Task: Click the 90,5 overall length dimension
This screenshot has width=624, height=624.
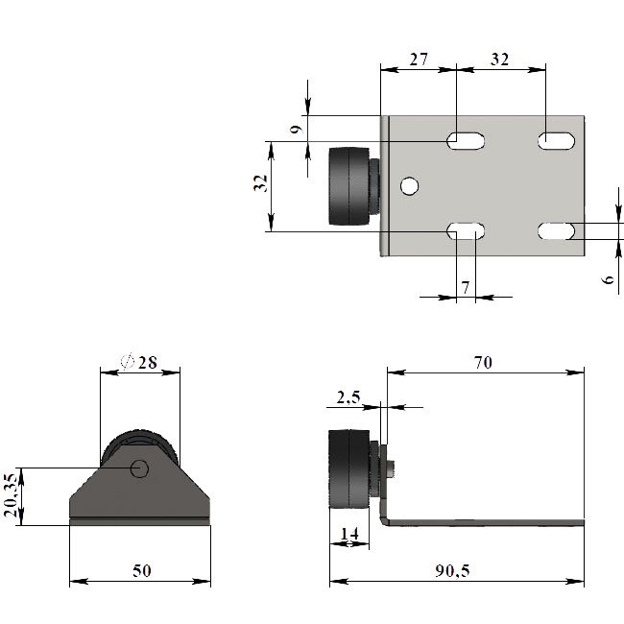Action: pyautogui.click(x=452, y=570)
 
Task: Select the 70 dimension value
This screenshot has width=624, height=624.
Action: pyautogui.click(x=483, y=362)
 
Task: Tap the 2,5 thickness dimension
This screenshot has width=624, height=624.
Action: pyautogui.click(x=348, y=397)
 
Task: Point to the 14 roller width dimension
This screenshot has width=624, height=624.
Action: pyautogui.click(x=349, y=533)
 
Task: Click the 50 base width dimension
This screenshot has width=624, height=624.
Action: pyautogui.click(x=142, y=570)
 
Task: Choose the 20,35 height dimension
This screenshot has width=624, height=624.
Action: pyautogui.click(x=10, y=494)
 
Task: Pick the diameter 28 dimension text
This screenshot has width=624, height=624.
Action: pyautogui.click(x=139, y=361)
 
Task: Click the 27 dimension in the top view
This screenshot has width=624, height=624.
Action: pyautogui.click(x=419, y=60)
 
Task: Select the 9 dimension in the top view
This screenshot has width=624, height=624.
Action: pyautogui.click(x=297, y=130)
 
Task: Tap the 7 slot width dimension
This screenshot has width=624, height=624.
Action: pyautogui.click(x=466, y=287)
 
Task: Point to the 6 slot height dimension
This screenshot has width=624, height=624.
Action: pyautogui.click(x=608, y=279)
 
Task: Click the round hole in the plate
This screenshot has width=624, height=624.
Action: pyautogui.click(x=409, y=186)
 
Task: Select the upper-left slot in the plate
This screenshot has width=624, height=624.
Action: pyautogui.click(x=466, y=140)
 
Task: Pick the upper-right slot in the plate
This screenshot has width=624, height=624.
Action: pyautogui.click(x=557, y=140)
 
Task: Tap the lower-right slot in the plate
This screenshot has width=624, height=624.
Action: pyautogui.click(x=557, y=231)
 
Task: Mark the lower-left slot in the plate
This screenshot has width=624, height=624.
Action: pyautogui.click(x=466, y=231)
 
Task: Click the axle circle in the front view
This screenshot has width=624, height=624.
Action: pyautogui.click(x=139, y=468)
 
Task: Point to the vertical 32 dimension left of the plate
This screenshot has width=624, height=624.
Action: pyautogui.click(x=260, y=183)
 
